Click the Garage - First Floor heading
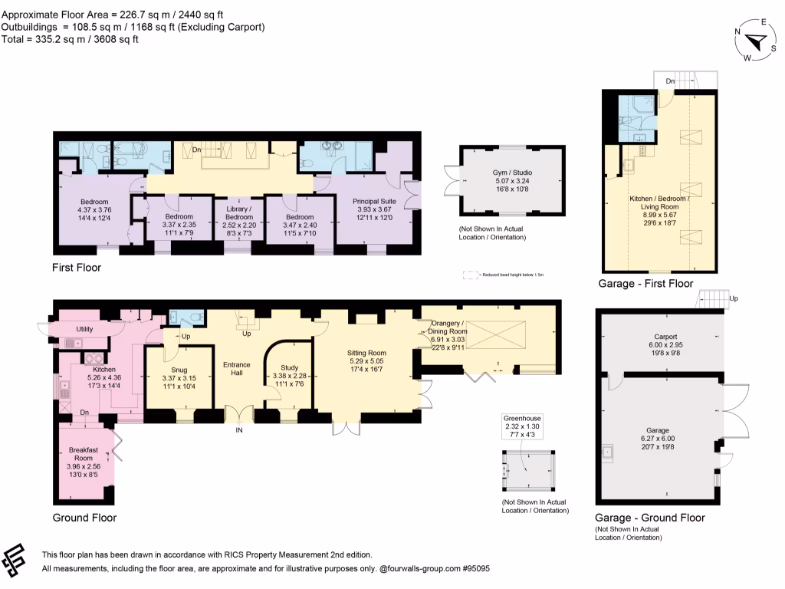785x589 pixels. point(645,284)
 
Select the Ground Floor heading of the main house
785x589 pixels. point(84,518)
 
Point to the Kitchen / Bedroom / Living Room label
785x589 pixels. point(659,208)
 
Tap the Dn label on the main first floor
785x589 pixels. point(195,150)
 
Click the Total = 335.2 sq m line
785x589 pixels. point(70,40)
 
